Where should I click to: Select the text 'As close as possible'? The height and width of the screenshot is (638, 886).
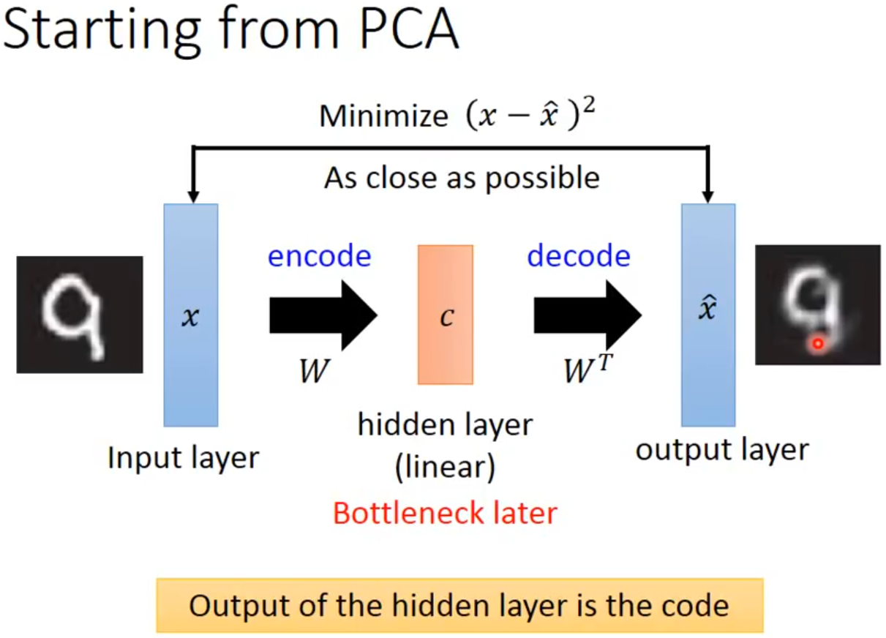[462, 177]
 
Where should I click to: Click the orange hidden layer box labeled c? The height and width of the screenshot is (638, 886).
[445, 315]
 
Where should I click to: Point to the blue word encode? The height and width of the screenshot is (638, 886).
[320, 256]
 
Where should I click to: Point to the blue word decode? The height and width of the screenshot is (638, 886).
[579, 256]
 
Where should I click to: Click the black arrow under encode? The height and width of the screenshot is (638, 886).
[322, 315]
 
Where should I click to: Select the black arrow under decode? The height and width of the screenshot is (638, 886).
[586, 315]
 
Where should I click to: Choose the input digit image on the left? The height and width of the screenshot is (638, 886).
[79, 315]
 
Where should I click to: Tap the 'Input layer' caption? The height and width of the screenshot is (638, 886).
[183, 458]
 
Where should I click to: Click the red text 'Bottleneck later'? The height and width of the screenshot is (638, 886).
[445, 513]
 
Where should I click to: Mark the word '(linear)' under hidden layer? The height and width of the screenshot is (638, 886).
[445, 468]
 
